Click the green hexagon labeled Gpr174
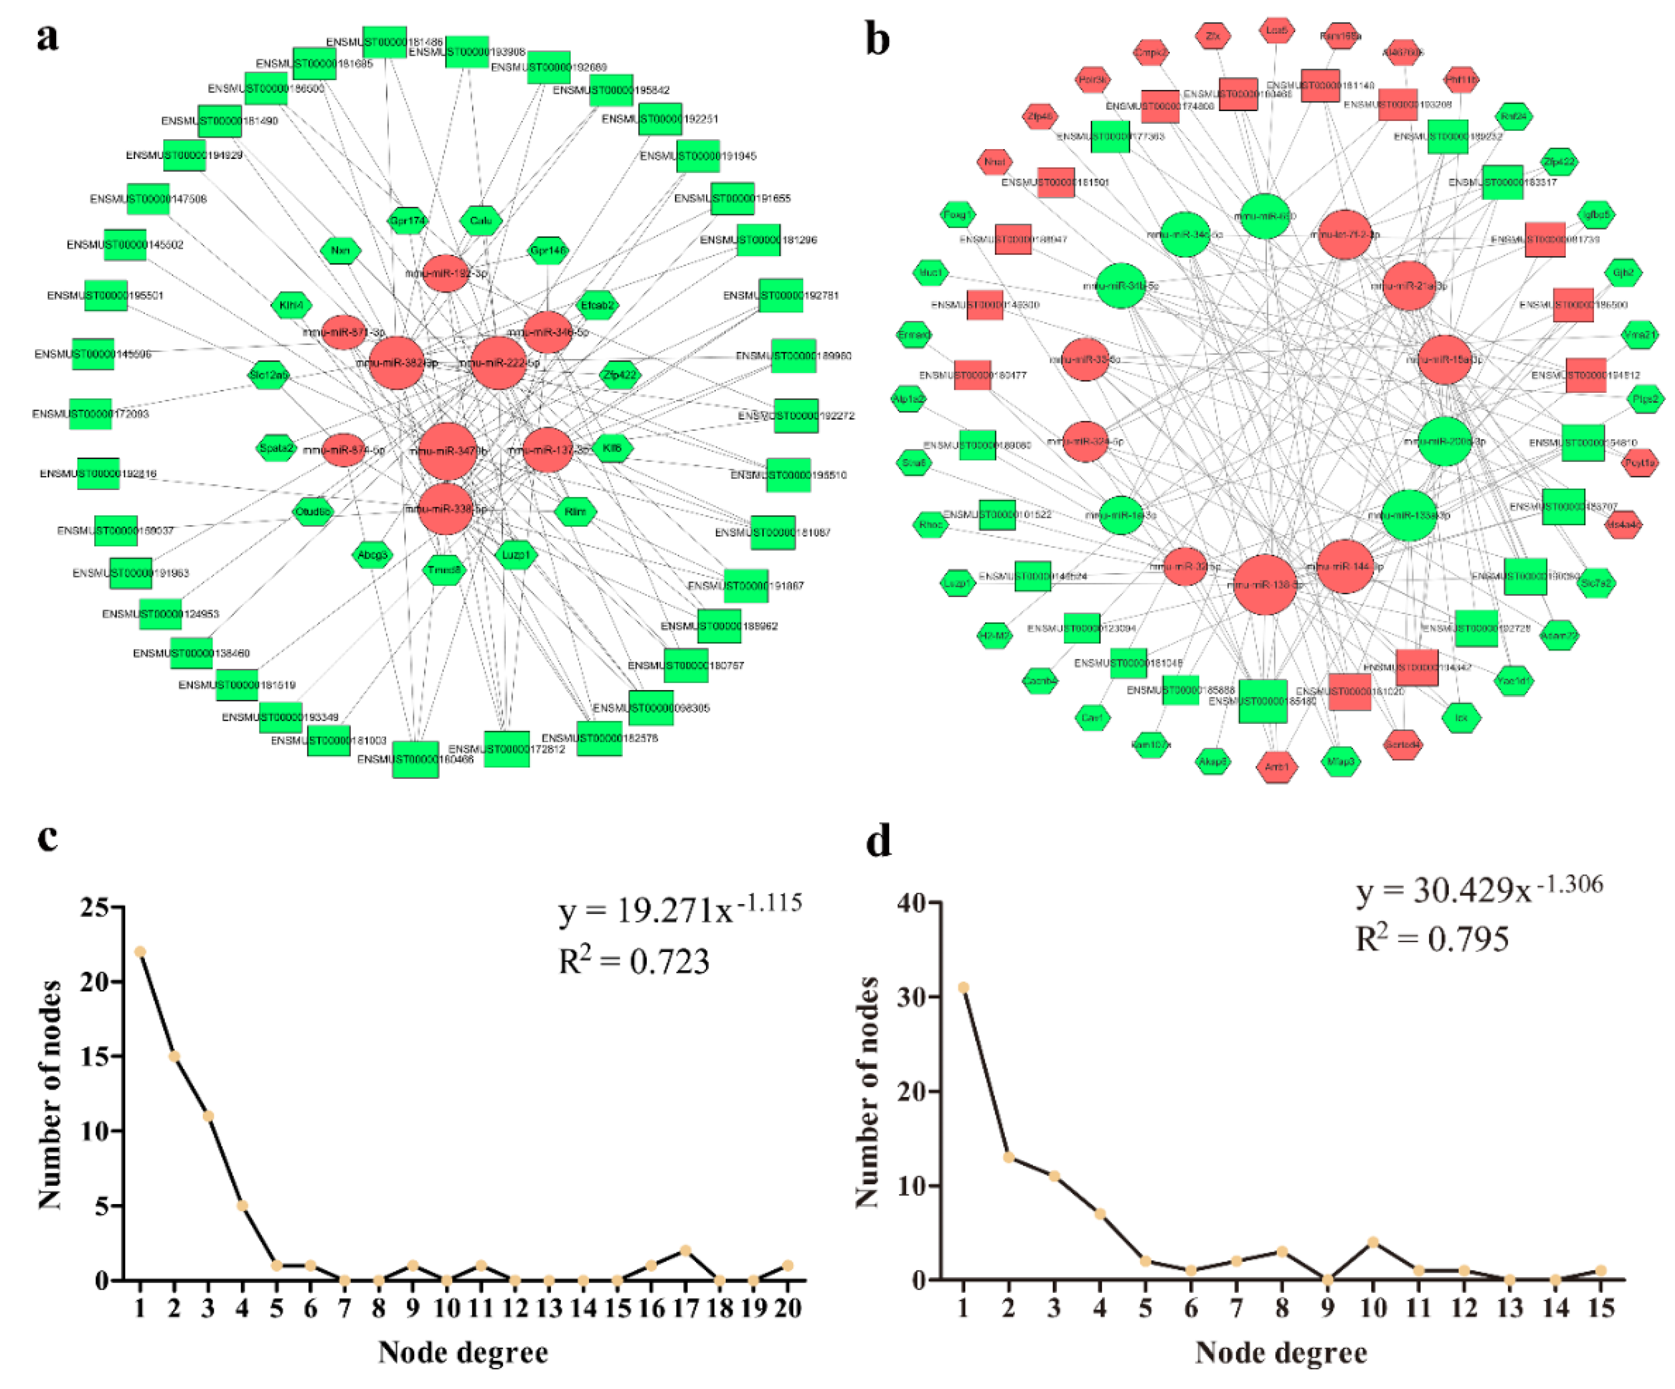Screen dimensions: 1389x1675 (x=408, y=220)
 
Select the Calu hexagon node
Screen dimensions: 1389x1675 (x=481, y=220)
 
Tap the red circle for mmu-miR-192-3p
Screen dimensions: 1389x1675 (x=446, y=273)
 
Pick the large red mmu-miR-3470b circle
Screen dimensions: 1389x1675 (x=448, y=451)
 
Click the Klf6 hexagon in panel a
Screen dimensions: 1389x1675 (x=612, y=448)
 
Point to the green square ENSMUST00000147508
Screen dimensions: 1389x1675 (x=148, y=199)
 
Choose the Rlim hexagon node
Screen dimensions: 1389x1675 (x=575, y=512)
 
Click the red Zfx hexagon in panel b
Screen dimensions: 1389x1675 (x=1212, y=36)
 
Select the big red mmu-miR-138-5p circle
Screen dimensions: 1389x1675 (x=1264, y=585)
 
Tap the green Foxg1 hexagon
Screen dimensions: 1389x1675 (x=957, y=215)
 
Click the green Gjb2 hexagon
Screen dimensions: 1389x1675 (x=1623, y=273)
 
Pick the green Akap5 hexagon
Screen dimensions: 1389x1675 (x=1212, y=761)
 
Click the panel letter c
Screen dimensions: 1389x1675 (x=47, y=837)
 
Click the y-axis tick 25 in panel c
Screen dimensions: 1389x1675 (x=94, y=907)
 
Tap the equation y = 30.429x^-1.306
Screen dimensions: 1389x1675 (x=1479, y=890)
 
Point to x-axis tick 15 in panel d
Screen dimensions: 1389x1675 (x=1601, y=1307)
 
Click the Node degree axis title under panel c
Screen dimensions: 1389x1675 (x=463, y=1352)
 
